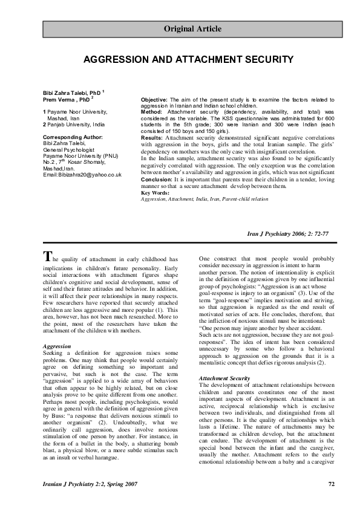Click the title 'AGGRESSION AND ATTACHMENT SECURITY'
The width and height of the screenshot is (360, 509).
pyautogui.click(x=188, y=59)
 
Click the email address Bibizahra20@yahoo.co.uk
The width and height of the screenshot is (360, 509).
pyautogui.click(x=82, y=175)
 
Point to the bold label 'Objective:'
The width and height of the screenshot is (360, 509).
pyautogui.click(x=154, y=99)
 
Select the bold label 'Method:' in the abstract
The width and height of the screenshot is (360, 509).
pyautogui.click(x=151, y=112)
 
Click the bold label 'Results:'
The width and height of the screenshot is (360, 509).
pyautogui.click(x=152, y=138)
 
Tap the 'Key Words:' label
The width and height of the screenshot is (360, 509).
pyautogui.click(x=155, y=193)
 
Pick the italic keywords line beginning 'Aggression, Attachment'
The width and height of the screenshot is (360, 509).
pyautogui.click(x=196, y=199)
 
